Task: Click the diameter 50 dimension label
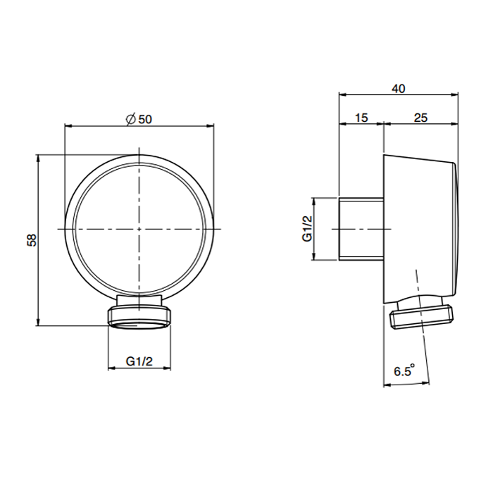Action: pos(139,119)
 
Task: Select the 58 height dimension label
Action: pos(32,240)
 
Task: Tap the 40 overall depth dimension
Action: pos(399,89)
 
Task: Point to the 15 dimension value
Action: pos(361,118)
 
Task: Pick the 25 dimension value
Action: pos(420,118)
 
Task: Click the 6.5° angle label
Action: pos(404,370)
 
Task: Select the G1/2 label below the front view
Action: pos(139,361)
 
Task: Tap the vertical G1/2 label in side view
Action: pos(307,229)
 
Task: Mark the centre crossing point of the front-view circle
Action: pos(139,229)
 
